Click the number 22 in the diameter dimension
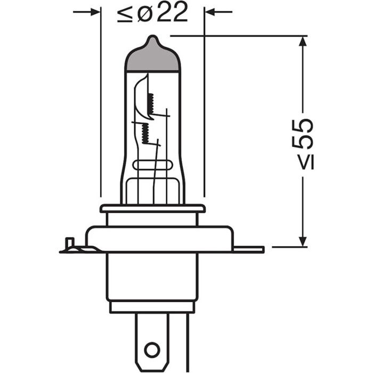[172, 13]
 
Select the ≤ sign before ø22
[124, 14]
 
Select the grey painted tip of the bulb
[152, 59]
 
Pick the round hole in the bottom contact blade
[152, 350]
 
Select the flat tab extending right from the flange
[248, 249]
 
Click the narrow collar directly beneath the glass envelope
[152, 208]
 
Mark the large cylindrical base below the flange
[152, 277]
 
